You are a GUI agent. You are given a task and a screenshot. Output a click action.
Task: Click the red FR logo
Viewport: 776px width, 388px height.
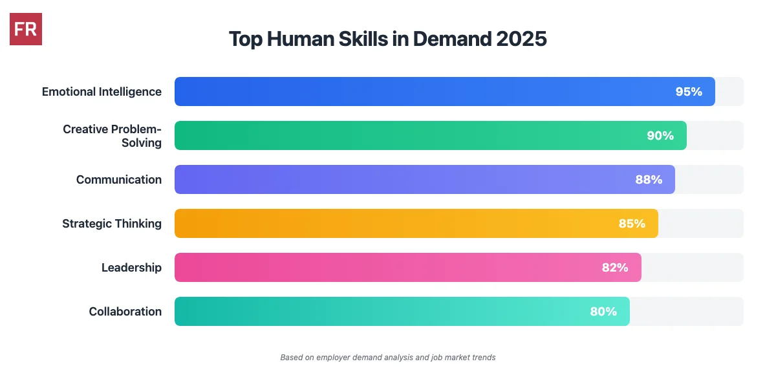coord(26,29)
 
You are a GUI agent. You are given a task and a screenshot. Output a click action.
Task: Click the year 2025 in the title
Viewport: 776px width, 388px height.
coord(521,39)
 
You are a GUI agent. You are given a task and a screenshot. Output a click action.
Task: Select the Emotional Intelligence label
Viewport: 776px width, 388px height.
coord(102,91)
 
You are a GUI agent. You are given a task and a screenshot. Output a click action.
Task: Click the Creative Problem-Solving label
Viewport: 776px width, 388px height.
coord(113,135)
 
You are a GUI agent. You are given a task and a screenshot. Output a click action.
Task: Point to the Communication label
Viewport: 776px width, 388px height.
coord(119,179)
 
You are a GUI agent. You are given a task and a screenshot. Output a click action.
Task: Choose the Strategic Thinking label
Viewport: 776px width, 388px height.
coord(112,223)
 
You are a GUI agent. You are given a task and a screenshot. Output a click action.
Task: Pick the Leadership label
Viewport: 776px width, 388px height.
coord(131,267)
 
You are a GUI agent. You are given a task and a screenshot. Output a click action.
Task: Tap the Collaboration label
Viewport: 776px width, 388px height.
coord(125,311)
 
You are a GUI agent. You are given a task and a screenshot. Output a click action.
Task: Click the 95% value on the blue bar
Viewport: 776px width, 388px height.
coord(689,91)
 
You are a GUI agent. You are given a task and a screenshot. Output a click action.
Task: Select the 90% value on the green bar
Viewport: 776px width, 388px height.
coord(660,135)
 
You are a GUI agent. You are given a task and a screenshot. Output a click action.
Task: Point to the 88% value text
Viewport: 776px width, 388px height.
coord(649,179)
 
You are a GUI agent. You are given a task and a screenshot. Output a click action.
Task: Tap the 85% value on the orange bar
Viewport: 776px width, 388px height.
coord(632,223)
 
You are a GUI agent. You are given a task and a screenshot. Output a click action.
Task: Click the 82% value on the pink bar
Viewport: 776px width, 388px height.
coord(615,267)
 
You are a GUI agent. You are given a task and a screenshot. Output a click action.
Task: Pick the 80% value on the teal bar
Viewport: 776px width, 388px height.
coord(603,311)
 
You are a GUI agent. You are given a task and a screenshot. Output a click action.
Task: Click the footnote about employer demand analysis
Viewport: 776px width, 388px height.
coord(388,357)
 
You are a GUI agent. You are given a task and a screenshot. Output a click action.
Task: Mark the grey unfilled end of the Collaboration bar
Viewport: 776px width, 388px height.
coord(687,311)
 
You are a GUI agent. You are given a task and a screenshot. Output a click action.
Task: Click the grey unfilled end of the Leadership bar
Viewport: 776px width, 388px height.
coord(693,267)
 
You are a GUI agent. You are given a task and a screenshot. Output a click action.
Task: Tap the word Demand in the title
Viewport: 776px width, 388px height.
coord(452,39)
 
